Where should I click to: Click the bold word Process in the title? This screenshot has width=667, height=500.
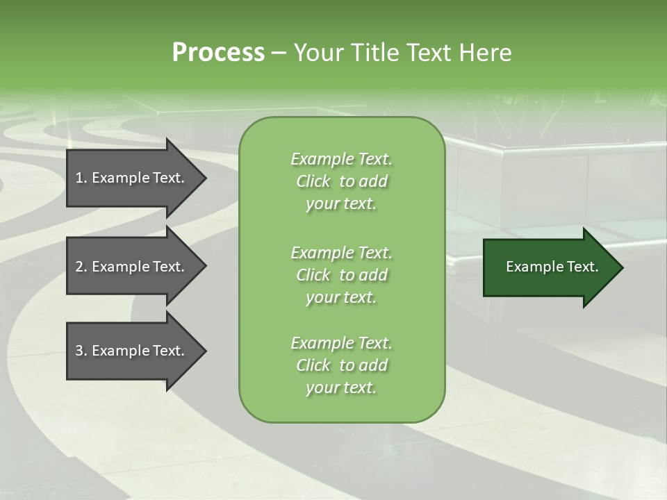(x=218, y=53)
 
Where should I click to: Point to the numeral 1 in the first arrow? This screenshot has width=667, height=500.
(x=79, y=178)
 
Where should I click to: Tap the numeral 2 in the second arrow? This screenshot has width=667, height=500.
(x=79, y=267)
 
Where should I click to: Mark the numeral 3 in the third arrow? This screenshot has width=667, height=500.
(x=79, y=351)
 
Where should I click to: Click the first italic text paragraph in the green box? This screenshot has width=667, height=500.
(x=341, y=181)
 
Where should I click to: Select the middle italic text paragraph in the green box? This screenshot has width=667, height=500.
(x=341, y=274)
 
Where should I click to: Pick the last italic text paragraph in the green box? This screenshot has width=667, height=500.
(x=341, y=365)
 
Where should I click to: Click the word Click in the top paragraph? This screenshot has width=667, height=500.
(x=313, y=181)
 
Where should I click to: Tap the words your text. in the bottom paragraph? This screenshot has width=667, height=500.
(x=341, y=387)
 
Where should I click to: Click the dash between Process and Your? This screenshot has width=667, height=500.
(x=279, y=53)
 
